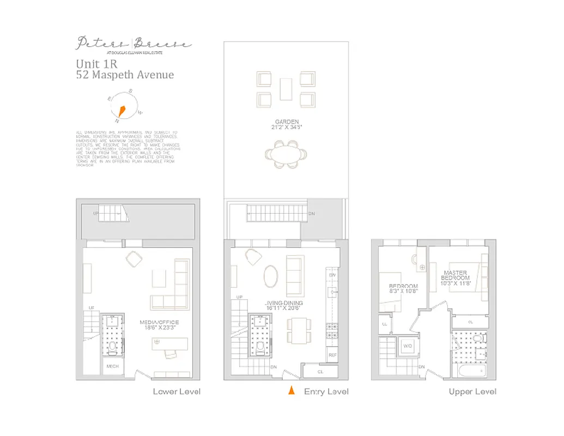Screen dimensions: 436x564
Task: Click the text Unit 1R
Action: click(96, 64)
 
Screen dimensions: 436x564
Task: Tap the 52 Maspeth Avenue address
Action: click(125, 75)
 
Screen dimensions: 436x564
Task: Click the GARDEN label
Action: click(287, 122)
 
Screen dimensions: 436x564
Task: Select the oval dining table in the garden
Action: click(286, 155)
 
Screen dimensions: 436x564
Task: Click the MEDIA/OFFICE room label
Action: click(159, 323)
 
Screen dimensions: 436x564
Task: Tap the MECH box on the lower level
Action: click(113, 366)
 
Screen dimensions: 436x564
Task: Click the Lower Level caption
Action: click(177, 391)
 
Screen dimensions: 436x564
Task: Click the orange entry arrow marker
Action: click(292, 390)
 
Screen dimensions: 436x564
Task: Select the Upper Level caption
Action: click(472, 391)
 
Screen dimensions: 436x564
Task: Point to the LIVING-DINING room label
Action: click(284, 303)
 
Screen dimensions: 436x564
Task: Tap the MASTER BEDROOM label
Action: click(456, 275)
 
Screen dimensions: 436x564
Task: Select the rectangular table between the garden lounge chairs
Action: click(286, 89)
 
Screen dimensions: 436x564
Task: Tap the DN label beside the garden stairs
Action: click(311, 214)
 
